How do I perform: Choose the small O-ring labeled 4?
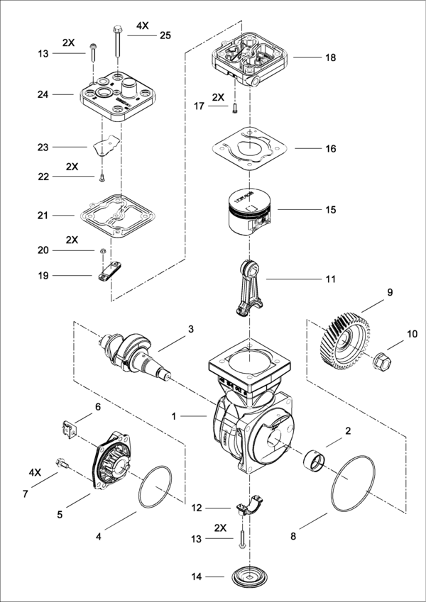(155, 489)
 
